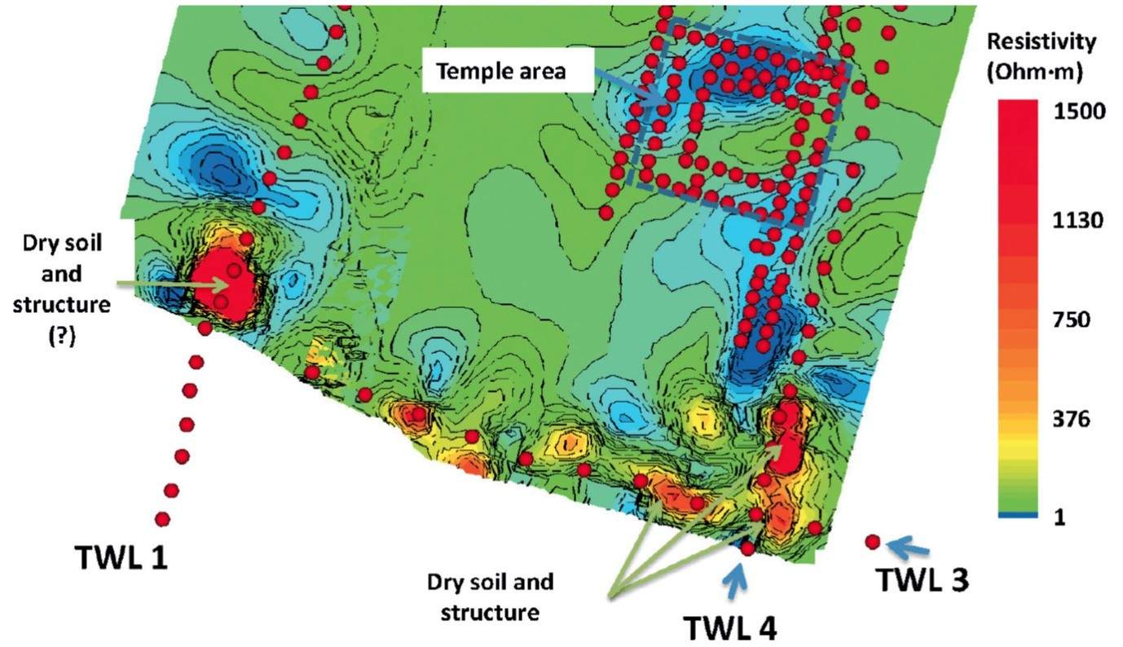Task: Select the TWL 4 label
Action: tap(729, 627)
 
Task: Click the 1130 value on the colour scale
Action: tap(1079, 221)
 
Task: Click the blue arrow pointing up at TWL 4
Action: tap(737, 581)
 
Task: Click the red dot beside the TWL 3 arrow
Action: tap(872, 541)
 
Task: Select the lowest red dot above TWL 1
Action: tap(163, 518)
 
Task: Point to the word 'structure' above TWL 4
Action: tap(491, 612)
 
